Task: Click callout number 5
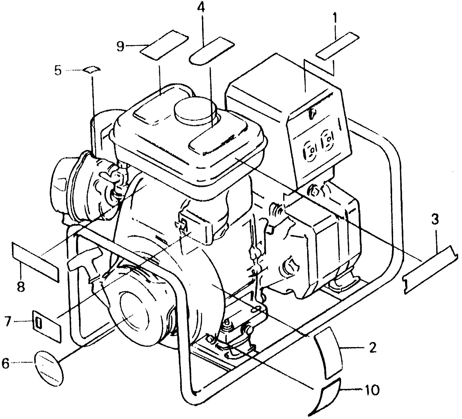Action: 58,71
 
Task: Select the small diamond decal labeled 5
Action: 92,69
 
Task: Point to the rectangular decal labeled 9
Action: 164,45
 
